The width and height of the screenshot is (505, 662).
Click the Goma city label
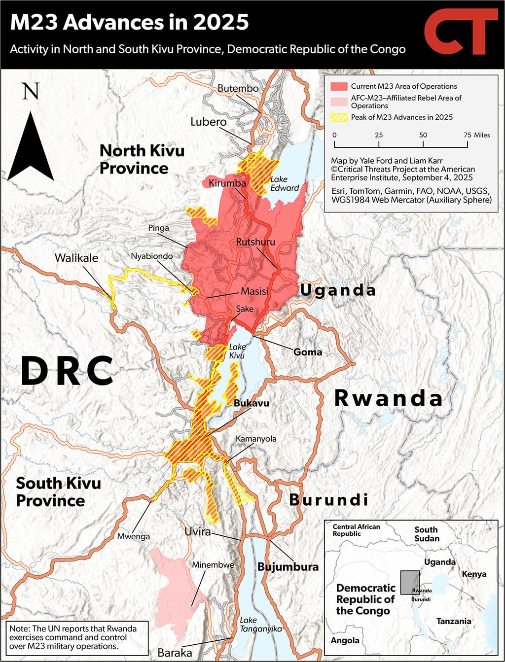click(x=307, y=352)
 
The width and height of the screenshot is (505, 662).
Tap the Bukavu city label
click(x=252, y=403)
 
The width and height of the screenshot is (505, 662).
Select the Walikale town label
click(x=76, y=258)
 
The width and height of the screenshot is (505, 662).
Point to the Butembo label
click(x=238, y=88)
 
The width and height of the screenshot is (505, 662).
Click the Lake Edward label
click(x=285, y=183)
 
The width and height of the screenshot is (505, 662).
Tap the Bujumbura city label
click(x=288, y=567)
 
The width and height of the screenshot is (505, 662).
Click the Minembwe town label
click(x=213, y=565)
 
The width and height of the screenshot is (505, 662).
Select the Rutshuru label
click(x=255, y=242)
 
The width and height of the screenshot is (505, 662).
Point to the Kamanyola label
click(x=256, y=439)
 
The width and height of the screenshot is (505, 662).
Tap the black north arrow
click(x=31, y=145)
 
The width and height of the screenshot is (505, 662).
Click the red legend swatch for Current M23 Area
click(x=339, y=86)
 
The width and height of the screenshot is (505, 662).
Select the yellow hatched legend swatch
click(x=339, y=117)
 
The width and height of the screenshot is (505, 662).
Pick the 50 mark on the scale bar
click(x=423, y=135)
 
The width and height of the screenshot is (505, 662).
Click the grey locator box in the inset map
click(x=409, y=582)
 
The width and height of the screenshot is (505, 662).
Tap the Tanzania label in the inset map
click(x=453, y=621)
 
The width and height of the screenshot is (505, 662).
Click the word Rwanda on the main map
click(x=388, y=398)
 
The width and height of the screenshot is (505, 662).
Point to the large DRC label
click(x=68, y=371)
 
